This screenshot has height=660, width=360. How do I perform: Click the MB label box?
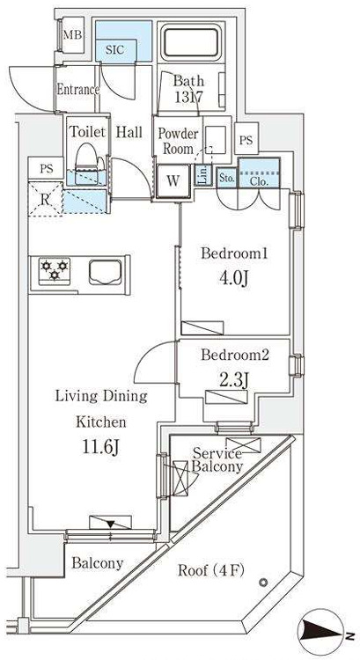click(70, 36)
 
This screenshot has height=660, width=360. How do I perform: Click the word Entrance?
click(77, 89)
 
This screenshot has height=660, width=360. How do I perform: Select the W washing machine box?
click(173, 180)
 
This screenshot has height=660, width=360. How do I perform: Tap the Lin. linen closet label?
click(202, 175)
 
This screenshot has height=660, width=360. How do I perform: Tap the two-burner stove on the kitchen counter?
click(52, 271)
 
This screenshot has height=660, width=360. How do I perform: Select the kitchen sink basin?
click(106, 271)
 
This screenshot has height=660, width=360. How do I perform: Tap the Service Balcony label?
click(217, 460)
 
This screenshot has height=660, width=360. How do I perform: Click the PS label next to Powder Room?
click(246, 140)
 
